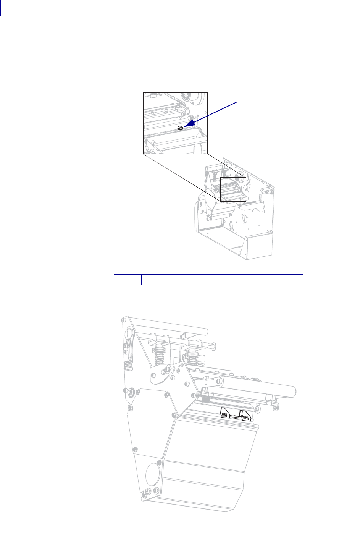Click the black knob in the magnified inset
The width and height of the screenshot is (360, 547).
181,128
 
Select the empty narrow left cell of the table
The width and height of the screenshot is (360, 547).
128,280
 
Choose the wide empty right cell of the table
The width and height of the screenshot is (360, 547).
223,280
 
